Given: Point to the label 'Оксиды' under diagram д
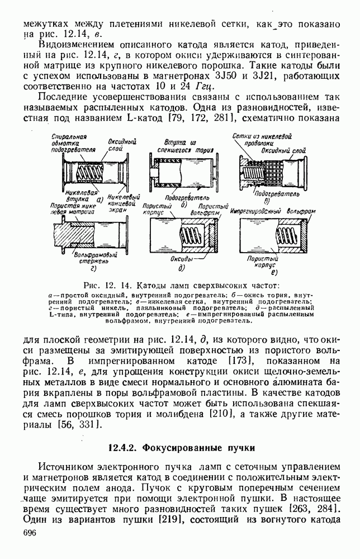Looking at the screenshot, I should click(x=183, y=259).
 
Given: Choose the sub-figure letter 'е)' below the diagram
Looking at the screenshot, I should click(x=273, y=272).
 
